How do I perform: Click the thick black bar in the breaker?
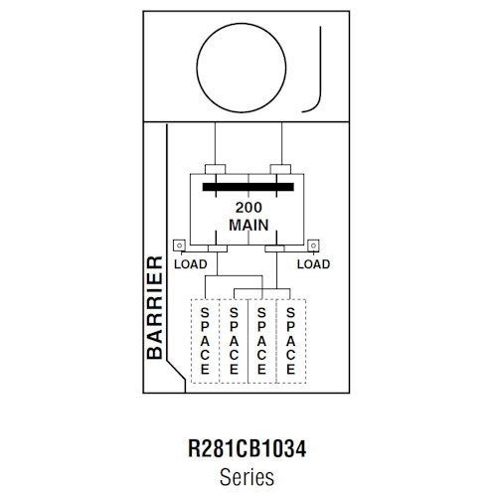[x=248, y=186]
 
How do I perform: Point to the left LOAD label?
[x=190, y=264]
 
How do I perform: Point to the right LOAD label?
[x=314, y=264]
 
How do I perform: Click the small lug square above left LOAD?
[x=180, y=244]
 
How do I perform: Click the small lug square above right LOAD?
[x=311, y=244]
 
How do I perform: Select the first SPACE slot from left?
[x=205, y=340]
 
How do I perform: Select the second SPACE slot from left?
[x=234, y=340]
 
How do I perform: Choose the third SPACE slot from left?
[x=261, y=340]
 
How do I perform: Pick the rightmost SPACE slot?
[x=290, y=340]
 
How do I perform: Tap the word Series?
[x=248, y=476]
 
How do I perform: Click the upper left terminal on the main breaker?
[x=214, y=170]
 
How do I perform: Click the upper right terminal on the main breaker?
[x=282, y=170]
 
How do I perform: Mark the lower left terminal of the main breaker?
[x=214, y=248]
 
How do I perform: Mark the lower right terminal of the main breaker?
[x=273, y=248]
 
